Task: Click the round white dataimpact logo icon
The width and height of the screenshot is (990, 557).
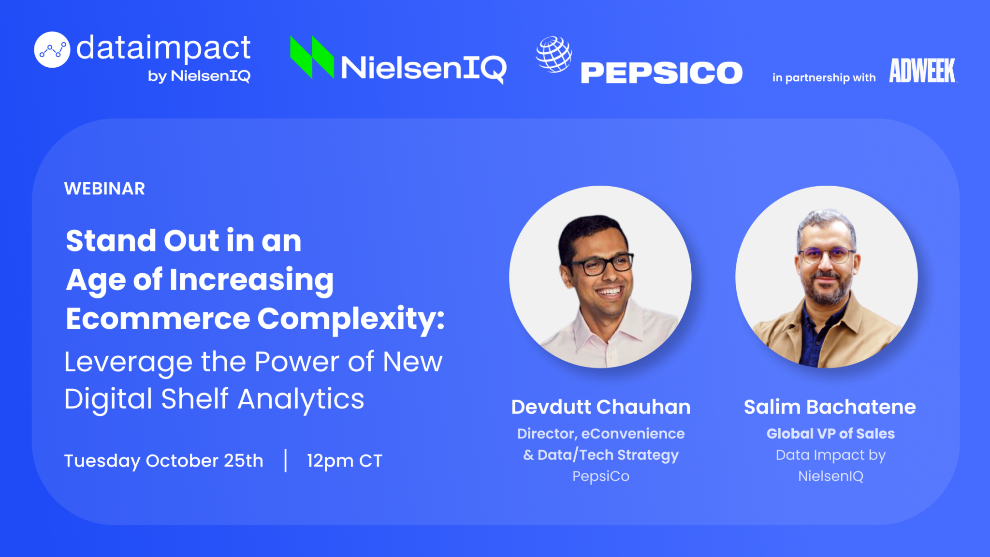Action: pos(52,50)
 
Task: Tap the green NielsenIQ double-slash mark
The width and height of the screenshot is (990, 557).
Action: pos(312,57)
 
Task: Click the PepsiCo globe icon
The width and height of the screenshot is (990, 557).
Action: pos(554,54)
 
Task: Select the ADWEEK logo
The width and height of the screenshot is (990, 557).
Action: pos(922,71)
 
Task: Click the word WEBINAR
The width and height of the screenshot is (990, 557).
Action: pos(104,189)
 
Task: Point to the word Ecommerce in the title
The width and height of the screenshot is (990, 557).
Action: pos(158,319)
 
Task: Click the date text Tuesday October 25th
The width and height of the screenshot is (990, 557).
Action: pos(164,461)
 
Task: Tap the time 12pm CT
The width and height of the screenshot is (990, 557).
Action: pos(345,461)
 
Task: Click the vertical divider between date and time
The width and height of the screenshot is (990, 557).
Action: pos(286,460)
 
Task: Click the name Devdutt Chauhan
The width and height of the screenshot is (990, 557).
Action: pos(601,407)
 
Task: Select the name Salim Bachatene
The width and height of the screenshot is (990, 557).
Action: pos(830,407)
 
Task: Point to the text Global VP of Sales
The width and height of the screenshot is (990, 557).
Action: pos(830,434)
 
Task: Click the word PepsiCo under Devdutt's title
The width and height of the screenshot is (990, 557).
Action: pos(601,476)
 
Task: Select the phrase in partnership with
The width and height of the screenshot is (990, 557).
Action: pos(824,78)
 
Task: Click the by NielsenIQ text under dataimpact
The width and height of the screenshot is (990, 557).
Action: pos(199,76)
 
